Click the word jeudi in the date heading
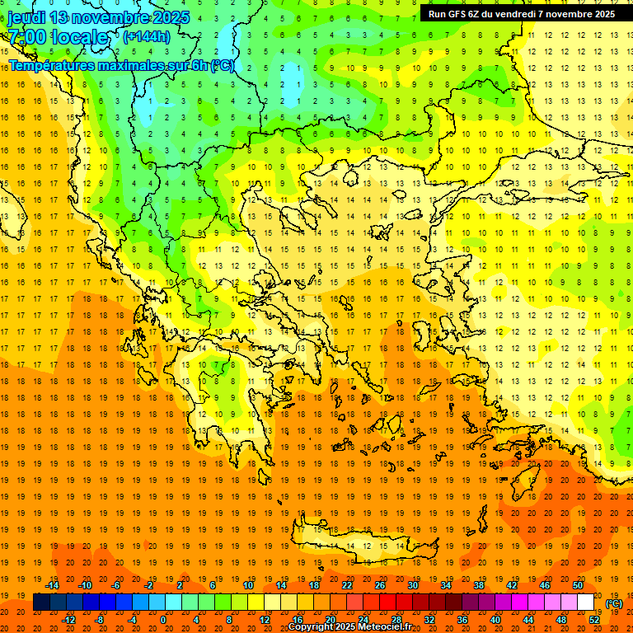pyautogui.click(x=26, y=17)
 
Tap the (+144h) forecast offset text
pyautogui.click(x=146, y=36)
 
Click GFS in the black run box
pyautogui.click(x=461, y=14)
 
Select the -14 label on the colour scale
pyautogui.click(x=53, y=585)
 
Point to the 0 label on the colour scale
pyautogui.click(x=163, y=620)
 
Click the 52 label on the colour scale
pyautogui.click(x=594, y=620)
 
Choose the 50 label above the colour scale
pyautogui.click(x=578, y=585)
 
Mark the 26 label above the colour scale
pyautogui.click(x=380, y=585)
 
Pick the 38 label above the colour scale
pyautogui.click(x=479, y=585)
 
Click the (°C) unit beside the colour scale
pyautogui.click(x=614, y=603)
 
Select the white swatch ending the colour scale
pyautogui.click(x=586, y=603)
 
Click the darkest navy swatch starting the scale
pyautogui.click(x=41, y=603)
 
